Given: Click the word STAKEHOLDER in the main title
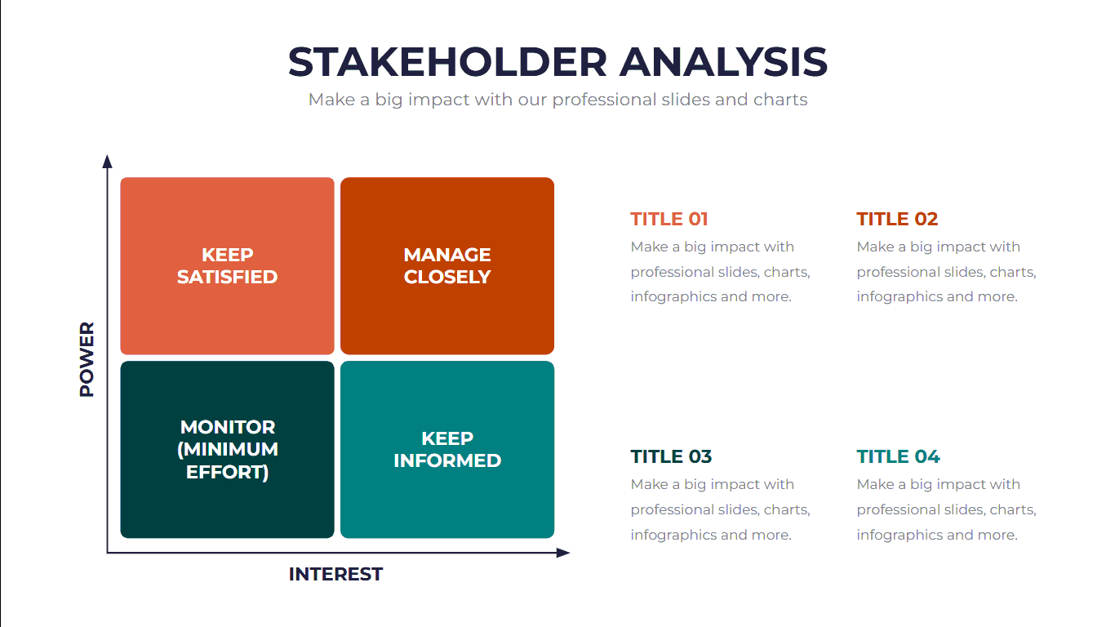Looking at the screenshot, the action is coord(447,62).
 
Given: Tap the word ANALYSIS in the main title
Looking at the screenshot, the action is coord(723,62).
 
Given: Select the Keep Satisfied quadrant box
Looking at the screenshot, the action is coord(227,266).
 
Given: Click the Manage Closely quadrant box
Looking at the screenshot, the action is coord(447,266).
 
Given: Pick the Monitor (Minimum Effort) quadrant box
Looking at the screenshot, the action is coord(227,450).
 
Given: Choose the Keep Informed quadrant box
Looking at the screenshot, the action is coord(447,450).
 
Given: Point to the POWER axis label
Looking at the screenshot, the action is coord(87,359).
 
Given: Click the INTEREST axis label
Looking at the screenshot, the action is coord(335,574).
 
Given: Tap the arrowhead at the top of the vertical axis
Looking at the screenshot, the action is coord(107,161).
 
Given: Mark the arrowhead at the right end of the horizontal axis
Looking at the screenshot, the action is coord(563,553).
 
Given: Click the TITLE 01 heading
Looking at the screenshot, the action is coord(669,219).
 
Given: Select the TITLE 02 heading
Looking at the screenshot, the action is coord(897,219).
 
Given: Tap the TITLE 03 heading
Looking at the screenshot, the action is coord(671,456).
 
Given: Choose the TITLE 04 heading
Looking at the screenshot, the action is coord(898,456).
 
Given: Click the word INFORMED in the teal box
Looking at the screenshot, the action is coord(447,460).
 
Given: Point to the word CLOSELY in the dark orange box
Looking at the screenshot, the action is coord(447,277).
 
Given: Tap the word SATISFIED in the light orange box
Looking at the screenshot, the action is coord(227,277).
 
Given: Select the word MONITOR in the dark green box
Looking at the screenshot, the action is coord(228,427).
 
